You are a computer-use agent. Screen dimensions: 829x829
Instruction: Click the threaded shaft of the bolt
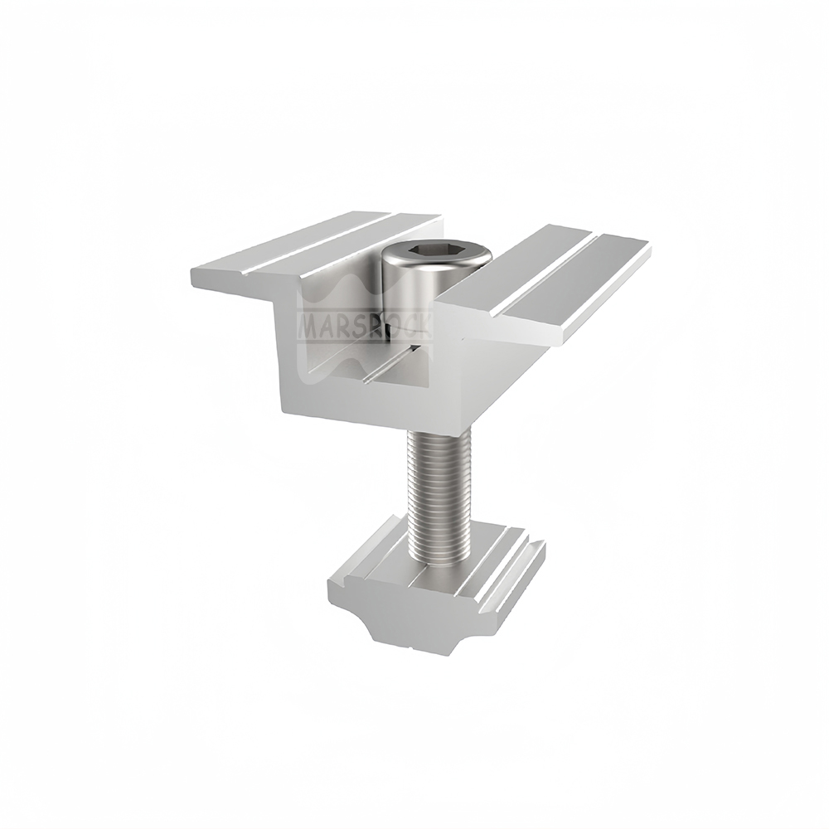(437, 489)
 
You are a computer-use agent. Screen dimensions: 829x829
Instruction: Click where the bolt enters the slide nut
(438, 564)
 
